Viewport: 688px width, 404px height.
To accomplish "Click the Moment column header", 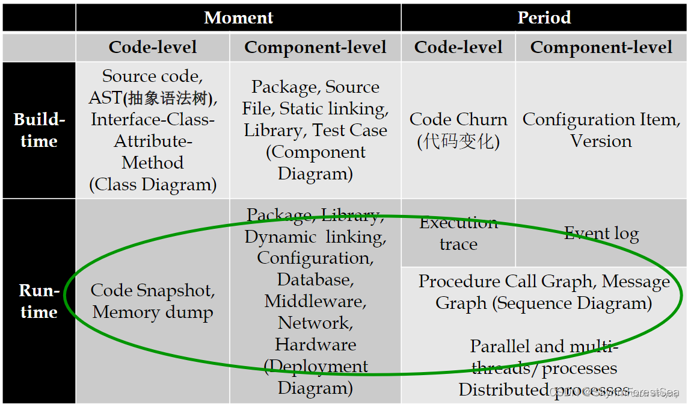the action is pos(239,17).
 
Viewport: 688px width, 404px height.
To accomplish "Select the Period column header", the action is pos(544,17).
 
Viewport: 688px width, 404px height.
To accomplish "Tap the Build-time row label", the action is pos(39,130).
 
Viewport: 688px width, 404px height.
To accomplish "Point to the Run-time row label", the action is pos(39,301).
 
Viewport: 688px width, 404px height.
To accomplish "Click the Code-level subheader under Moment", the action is pos(153,48).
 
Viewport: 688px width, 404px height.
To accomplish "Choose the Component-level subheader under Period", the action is pos(601,48).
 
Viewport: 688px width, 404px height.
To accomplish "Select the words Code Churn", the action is pos(458,119).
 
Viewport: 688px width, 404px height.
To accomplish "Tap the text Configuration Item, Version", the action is pos(601,130).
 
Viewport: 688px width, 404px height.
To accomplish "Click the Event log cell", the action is pos(601,234).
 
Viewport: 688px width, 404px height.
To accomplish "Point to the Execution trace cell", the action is pos(458,234).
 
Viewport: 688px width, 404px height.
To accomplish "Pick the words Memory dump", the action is pos(153,312).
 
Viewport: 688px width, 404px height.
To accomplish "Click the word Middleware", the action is pos(315,301).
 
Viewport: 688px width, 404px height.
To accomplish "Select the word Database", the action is pos(315,280).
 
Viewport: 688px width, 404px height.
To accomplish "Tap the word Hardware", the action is pos(315,344).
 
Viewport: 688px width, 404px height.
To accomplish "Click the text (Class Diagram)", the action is pos(153,184).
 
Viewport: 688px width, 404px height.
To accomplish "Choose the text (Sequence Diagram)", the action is pos(572,303).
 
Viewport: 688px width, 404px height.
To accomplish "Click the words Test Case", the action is pos(350,130).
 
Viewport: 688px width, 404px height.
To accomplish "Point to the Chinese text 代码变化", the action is pos(458,141).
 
